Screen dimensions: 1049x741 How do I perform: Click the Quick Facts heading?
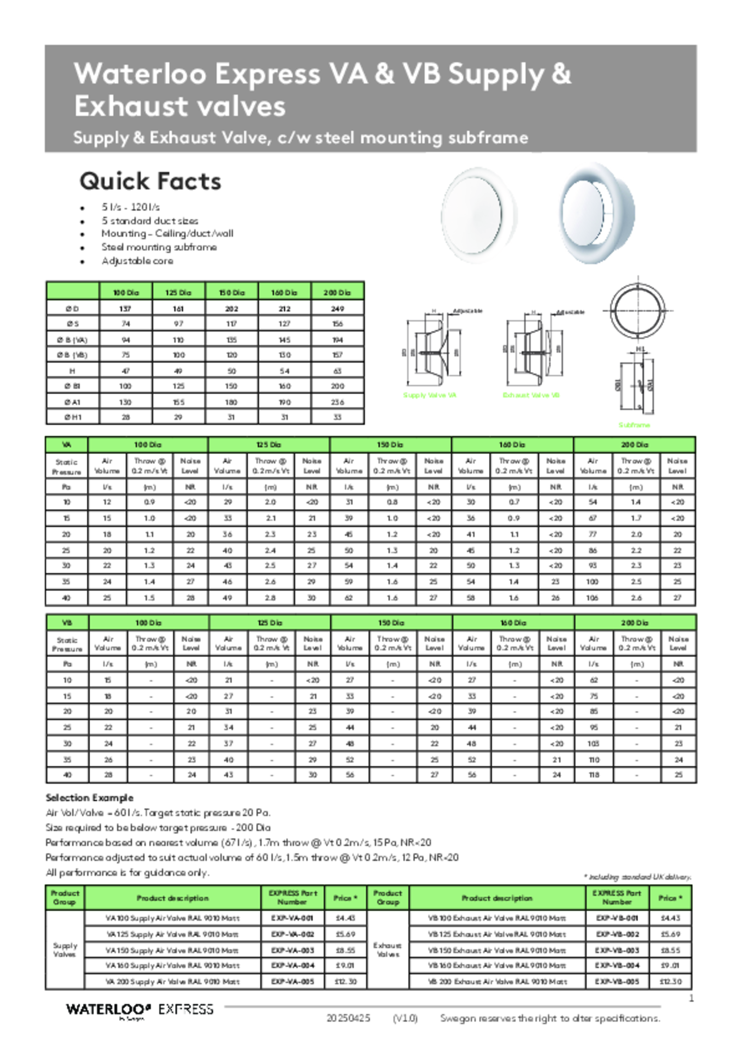tap(150, 181)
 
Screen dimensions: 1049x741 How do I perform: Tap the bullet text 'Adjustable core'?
tap(137, 261)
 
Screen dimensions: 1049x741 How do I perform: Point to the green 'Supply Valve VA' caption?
tap(429, 395)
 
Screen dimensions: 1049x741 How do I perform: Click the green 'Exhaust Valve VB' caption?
tap(531, 395)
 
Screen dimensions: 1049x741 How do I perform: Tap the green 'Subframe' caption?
tap(634, 425)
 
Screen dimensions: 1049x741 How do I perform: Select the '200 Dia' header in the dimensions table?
tap(337, 292)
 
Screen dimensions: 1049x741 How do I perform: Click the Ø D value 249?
tap(337, 309)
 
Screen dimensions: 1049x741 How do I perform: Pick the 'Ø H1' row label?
tap(73, 417)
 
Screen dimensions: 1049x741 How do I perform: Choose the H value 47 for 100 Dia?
tap(126, 371)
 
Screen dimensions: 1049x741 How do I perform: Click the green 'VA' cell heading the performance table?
tap(67, 445)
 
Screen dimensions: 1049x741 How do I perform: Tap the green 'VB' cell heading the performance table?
tap(67, 623)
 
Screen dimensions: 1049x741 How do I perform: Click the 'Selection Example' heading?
tap(89, 798)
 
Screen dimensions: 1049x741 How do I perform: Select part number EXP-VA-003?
tap(293, 950)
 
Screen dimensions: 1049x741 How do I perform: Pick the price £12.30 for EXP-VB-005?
tap(670, 982)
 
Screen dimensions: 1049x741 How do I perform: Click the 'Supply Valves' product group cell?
tap(65, 950)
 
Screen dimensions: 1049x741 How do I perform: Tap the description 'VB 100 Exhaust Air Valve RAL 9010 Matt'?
tap(497, 918)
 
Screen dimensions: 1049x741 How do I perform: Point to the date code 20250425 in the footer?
tap(348, 1018)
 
